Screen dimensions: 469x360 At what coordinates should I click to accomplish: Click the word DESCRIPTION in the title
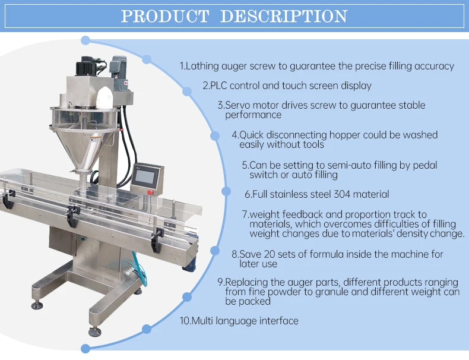tap(283, 16)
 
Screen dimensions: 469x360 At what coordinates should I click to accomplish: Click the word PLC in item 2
tap(220, 86)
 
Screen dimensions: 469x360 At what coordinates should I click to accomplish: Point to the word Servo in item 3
tap(237, 105)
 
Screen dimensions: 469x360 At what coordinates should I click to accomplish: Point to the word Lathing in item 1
tap(203, 66)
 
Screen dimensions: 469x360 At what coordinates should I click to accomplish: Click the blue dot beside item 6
tap(226, 191)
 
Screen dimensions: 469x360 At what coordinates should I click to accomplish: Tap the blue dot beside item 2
tap(187, 91)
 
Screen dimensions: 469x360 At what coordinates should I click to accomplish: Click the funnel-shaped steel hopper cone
tap(87, 143)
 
